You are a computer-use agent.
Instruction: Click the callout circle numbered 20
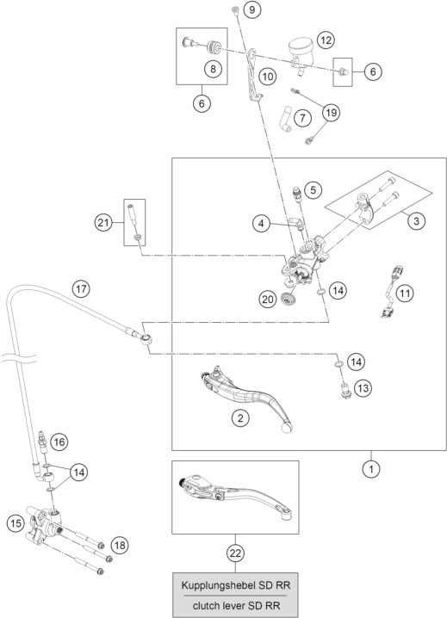[x=267, y=299]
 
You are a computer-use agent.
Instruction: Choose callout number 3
[x=416, y=221]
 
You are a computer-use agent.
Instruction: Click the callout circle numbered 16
[x=59, y=442]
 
